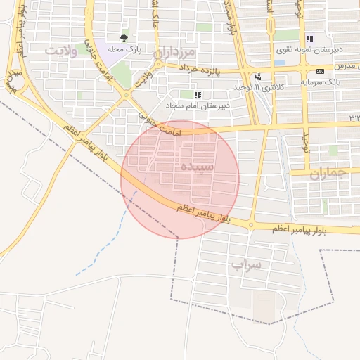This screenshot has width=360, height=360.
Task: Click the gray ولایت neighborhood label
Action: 62,51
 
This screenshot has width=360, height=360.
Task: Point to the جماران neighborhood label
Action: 328,174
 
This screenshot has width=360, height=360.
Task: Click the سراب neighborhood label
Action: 245,265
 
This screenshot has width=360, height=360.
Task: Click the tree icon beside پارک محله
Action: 124,39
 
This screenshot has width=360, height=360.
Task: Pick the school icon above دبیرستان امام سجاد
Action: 197,94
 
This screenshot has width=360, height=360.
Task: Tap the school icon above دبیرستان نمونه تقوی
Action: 308,39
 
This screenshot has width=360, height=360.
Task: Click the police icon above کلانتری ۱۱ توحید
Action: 259,77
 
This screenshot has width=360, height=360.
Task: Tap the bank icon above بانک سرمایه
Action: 321,71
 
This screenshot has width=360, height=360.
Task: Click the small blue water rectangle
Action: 279,63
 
